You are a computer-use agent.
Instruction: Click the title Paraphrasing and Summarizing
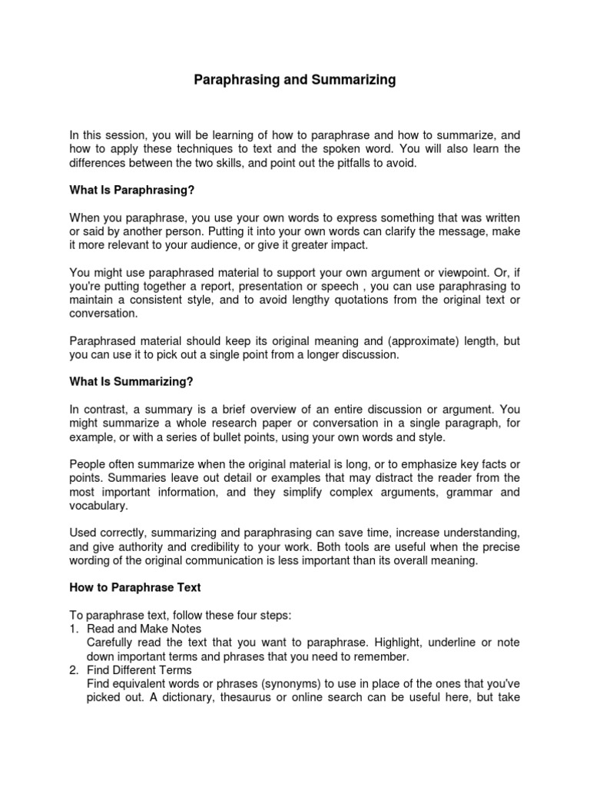click(x=294, y=80)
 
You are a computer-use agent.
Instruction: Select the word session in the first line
click(x=128, y=136)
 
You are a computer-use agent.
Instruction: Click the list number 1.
click(x=74, y=629)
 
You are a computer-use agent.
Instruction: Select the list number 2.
click(x=74, y=669)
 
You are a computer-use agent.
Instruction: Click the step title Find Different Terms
click(x=134, y=669)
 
